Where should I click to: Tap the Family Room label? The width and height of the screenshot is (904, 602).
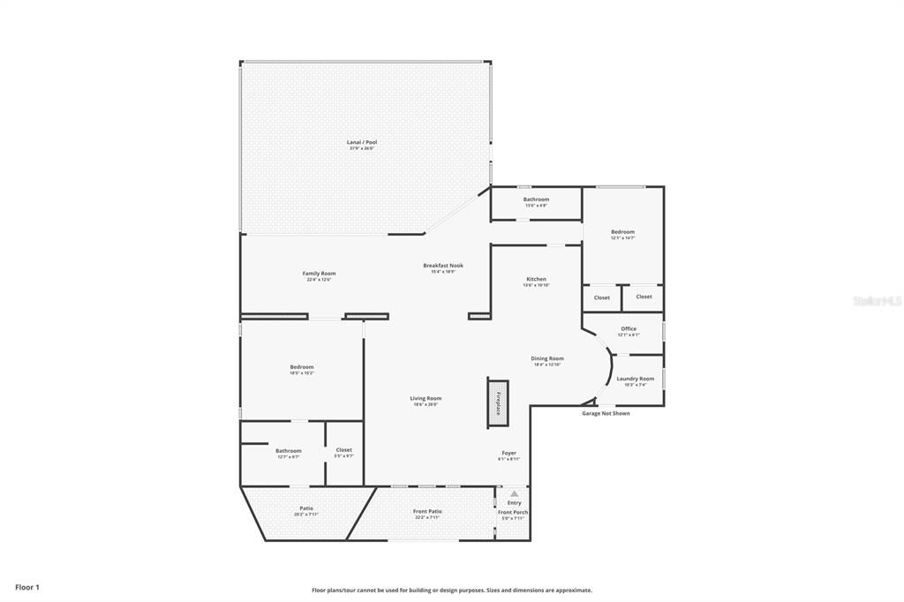pyautogui.click(x=319, y=274)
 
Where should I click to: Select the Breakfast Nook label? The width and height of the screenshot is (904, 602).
pyautogui.click(x=442, y=266)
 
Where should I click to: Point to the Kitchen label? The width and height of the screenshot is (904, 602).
pyautogui.click(x=536, y=279)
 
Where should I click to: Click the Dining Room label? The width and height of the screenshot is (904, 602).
pyautogui.click(x=547, y=358)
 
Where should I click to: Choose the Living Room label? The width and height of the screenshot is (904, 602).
pyautogui.click(x=425, y=398)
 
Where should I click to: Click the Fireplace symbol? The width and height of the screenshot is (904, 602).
pyautogui.click(x=498, y=403)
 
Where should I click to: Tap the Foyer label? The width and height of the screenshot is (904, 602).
pyautogui.click(x=509, y=453)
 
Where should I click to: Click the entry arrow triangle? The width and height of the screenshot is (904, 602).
pyautogui.click(x=515, y=493)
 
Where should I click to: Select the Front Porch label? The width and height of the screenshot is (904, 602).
pyautogui.click(x=512, y=512)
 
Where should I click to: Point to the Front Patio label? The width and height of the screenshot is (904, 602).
pyautogui.click(x=427, y=511)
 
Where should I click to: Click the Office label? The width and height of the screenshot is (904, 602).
pyautogui.click(x=628, y=329)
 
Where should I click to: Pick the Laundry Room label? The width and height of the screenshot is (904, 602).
pyautogui.click(x=635, y=379)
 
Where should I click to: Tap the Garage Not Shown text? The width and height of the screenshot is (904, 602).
pyautogui.click(x=606, y=413)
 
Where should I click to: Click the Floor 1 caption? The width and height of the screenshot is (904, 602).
pyautogui.click(x=27, y=587)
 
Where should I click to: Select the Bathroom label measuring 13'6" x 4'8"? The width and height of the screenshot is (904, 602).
pyautogui.click(x=536, y=199)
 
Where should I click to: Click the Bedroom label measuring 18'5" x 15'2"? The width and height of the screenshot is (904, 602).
pyautogui.click(x=301, y=367)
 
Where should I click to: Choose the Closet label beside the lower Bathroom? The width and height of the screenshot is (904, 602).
pyautogui.click(x=344, y=450)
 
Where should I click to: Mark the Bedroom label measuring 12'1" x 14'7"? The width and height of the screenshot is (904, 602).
pyautogui.click(x=622, y=232)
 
